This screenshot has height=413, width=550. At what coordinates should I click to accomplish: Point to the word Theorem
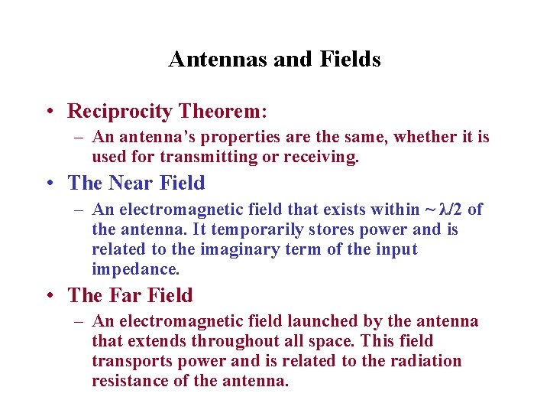(x=222, y=112)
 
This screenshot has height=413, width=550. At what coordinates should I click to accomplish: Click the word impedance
(x=134, y=269)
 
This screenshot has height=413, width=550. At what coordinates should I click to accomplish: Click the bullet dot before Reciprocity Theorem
(x=48, y=112)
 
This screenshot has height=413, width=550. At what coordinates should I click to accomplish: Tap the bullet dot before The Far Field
(x=48, y=295)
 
